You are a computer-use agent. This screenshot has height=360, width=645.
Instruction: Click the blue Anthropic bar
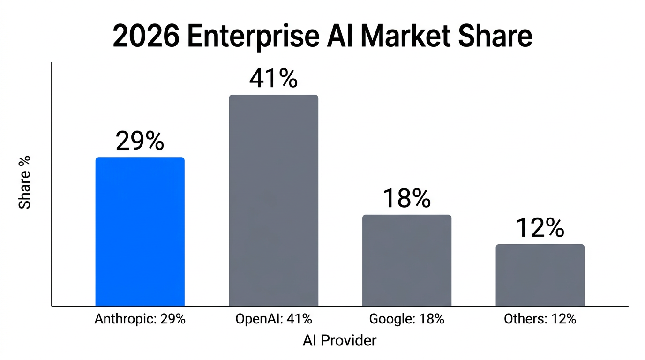coord(140,232)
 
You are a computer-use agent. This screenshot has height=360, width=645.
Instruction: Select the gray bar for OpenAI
coord(273,201)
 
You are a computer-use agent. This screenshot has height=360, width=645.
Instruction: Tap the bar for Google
coord(406,260)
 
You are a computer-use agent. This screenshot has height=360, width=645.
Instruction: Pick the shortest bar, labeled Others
coord(540,275)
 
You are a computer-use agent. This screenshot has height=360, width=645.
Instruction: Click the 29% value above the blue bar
coord(140,141)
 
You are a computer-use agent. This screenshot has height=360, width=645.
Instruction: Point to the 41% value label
coord(273,79)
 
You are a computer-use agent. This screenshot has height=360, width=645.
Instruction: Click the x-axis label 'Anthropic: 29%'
coord(140,319)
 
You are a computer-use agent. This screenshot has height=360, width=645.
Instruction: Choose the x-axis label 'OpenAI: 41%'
coord(273,319)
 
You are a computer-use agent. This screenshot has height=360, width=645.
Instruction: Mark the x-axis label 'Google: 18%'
coord(406,319)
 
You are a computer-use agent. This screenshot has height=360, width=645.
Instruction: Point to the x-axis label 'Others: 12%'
coord(540,319)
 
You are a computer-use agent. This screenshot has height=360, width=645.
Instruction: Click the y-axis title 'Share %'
coord(24,182)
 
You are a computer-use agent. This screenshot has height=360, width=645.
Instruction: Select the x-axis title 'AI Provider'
coord(339,340)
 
